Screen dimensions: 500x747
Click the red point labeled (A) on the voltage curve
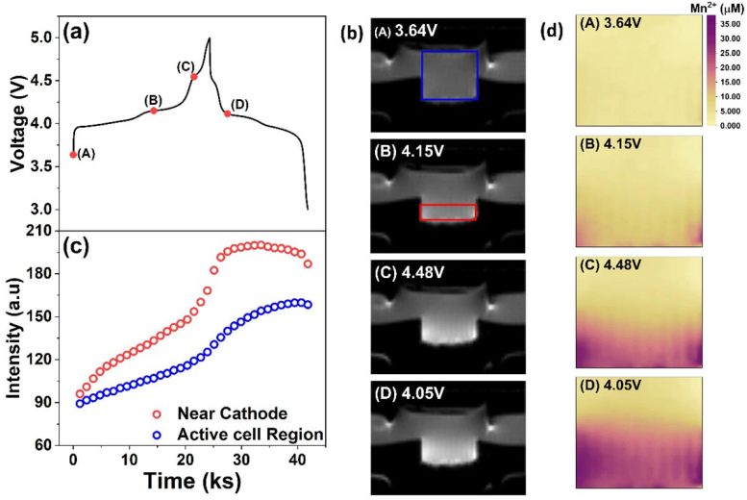coord(73,154)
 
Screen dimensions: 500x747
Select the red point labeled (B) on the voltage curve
coord(154,111)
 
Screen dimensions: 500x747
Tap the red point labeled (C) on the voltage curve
coord(194,76)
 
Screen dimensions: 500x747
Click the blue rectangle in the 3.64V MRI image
coord(449,75)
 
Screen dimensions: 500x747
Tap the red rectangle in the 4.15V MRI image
coord(448,212)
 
